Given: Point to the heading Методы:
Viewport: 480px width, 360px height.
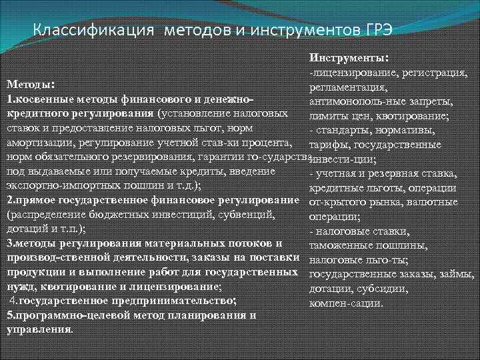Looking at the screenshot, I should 30,85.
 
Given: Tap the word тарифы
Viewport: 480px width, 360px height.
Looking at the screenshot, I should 326,144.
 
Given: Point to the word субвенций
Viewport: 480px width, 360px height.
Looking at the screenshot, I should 247,215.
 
